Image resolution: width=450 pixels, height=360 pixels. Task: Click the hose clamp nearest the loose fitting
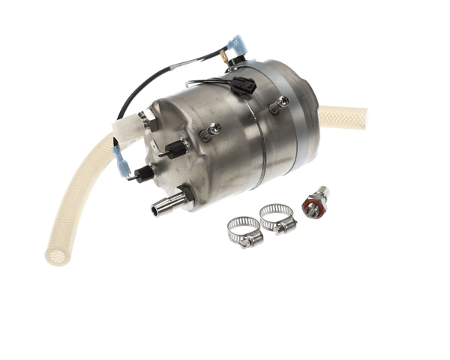click(277, 218)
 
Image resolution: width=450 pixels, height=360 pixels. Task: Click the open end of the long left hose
click(57, 257)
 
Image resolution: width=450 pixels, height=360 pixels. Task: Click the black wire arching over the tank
click(150, 82)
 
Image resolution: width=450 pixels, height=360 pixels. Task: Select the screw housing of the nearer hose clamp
click(283, 226)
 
